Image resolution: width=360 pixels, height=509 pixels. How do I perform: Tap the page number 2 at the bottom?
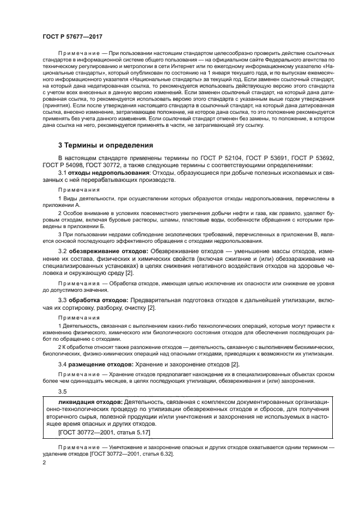pos(44,462)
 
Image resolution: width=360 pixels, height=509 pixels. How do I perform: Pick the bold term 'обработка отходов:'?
pos(98,301)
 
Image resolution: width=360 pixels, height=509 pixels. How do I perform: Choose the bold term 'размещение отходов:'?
pos(100,364)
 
